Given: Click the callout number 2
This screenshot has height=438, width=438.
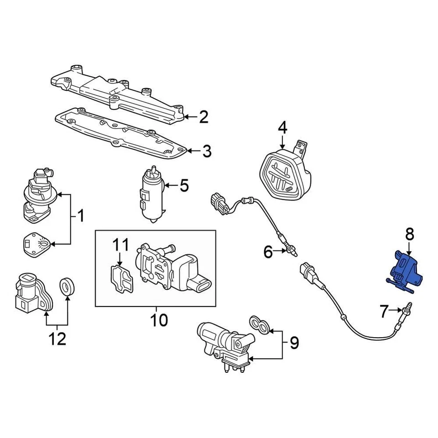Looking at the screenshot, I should point(203,117).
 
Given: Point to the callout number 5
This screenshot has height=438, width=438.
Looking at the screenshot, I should point(183,186).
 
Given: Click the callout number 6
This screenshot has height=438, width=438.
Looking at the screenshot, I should point(268,251).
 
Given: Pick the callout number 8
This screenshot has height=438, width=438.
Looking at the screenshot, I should point(409,235).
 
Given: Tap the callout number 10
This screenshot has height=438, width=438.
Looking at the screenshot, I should point(159,320).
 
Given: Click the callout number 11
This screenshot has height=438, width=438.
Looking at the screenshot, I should point(121,245).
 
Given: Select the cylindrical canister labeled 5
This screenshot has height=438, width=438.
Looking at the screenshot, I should point(152,194).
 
